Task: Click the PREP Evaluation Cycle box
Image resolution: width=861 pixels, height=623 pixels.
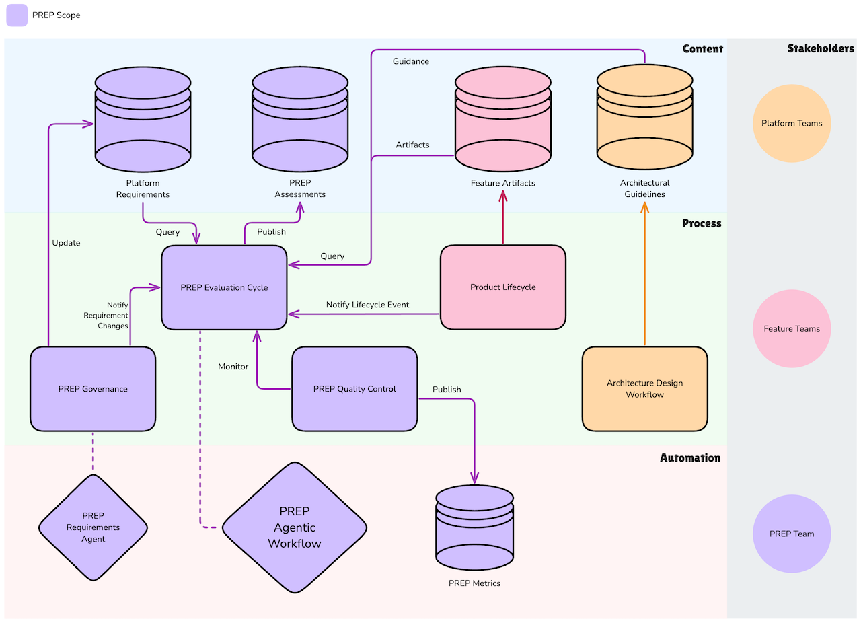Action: point(224,287)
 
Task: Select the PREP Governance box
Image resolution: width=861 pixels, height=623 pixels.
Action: point(93,389)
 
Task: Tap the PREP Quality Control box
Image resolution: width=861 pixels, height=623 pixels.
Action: point(354,389)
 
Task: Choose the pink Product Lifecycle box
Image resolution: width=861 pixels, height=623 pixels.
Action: point(502,287)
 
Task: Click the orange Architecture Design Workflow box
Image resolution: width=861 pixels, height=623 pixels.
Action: point(644,389)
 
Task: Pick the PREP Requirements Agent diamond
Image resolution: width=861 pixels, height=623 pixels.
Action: point(93,527)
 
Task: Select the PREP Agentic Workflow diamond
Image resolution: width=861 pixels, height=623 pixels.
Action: point(295,527)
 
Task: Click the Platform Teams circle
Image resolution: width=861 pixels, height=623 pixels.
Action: point(792,124)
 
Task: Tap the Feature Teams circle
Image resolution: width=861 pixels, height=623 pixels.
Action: point(792,329)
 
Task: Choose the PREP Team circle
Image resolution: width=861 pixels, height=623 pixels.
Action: point(792,534)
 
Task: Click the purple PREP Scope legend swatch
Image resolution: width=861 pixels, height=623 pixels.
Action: point(17,15)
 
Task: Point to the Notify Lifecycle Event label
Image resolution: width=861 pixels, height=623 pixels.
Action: point(367,305)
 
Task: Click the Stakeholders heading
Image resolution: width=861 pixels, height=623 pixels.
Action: point(820,48)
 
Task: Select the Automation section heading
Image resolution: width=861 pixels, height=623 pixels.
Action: point(689,458)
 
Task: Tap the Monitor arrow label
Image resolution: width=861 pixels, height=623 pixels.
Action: point(233,367)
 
